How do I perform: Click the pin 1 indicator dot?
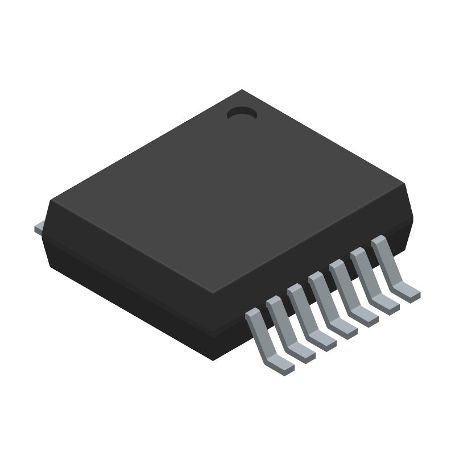[x=242, y=114]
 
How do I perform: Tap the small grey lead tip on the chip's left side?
[x=39, y=227]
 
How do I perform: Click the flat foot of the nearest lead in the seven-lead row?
[x=280, y=366]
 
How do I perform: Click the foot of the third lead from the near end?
[x=322, y=342]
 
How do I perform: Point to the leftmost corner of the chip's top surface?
[x=51, y=201]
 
